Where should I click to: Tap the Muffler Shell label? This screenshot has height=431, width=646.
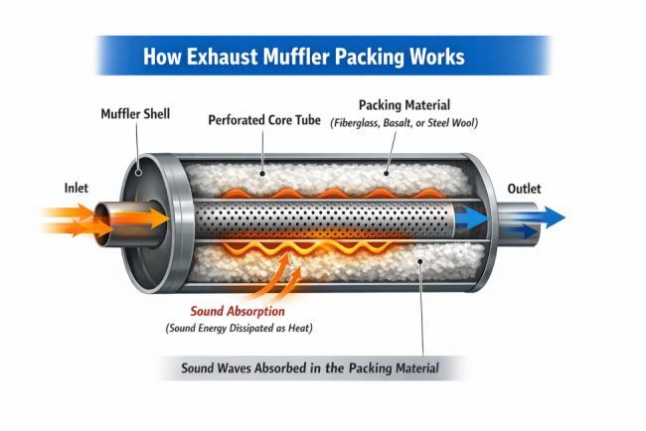135,114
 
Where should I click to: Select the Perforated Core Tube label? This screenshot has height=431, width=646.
264,120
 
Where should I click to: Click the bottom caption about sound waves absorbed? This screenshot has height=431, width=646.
309,367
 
